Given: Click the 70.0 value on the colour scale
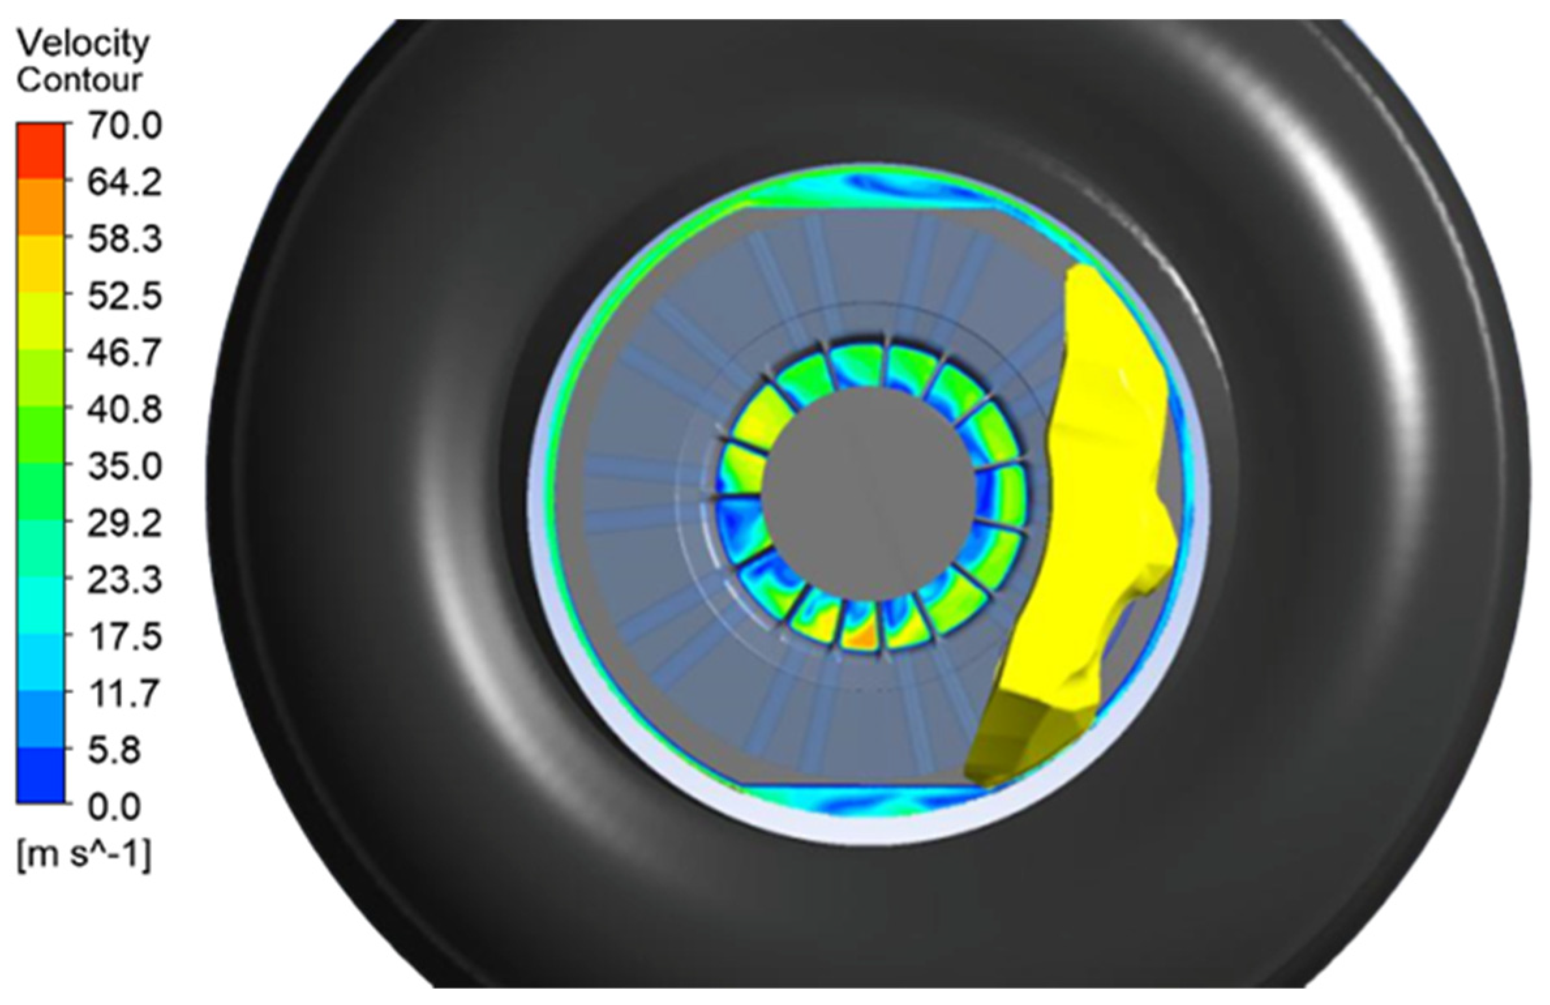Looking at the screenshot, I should click(124, 126).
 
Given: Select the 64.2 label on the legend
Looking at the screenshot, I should click(124, 183).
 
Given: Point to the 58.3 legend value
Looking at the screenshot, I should click(124, 240).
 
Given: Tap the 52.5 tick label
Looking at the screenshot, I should click(124, 297).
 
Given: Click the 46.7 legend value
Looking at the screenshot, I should click(124, 354).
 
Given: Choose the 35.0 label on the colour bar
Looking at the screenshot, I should click(124, 467).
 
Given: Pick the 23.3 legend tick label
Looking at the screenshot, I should click(124, 580).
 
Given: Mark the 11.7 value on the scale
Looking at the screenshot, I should click(124, 693).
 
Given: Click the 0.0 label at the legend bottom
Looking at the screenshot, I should click(114, 807).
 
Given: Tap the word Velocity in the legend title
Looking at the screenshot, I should click(83, 44).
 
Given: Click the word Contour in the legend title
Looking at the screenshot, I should click(80, 80).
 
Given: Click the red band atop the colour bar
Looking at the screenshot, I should click(40, 151).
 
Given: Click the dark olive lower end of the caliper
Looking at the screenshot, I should click(1010, 743).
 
